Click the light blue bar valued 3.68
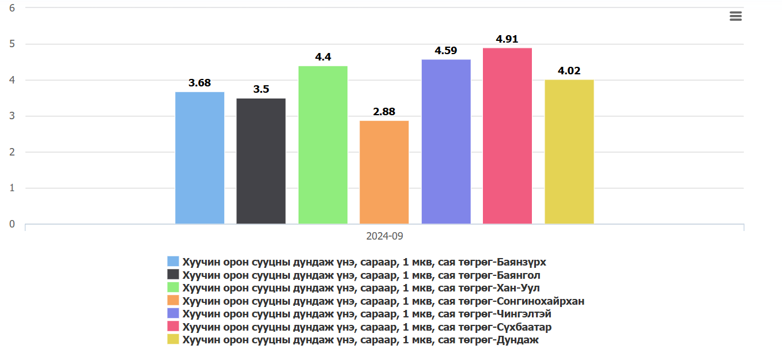(199, 158)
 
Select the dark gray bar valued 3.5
(261, 161)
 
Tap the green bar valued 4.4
(323, 145)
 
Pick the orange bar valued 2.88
(384, 172)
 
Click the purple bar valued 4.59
(446, 142)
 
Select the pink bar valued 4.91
(507, 136)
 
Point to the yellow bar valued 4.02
(569, 152)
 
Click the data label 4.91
(507, 39)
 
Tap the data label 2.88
(384, 112)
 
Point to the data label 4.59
(446, 51)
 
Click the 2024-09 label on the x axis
(384, 236)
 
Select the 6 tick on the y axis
(12, 8)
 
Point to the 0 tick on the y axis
(12, 224)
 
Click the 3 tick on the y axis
(12, 116)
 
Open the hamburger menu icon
(735, 16)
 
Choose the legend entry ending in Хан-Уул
(361, 288)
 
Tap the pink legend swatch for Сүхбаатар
(173, 327)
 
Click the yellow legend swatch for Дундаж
(173, 340)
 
